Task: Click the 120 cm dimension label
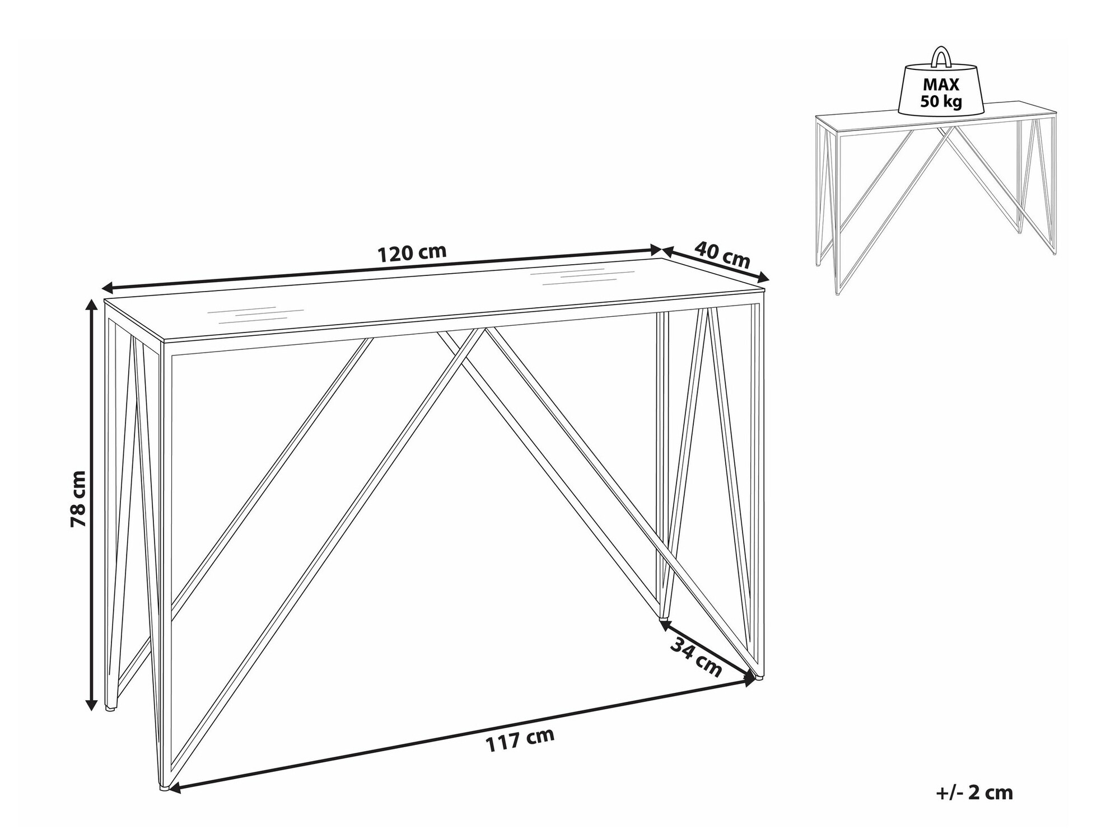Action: (412, 253)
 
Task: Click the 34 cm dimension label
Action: (696, 656)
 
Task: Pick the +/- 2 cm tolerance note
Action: (974, 793)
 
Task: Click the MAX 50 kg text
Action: (941, 93)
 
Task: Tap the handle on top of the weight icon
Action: (941, 58)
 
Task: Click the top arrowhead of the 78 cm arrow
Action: (90, 305)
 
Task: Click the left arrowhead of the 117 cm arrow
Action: (175, 788)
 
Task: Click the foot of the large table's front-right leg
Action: (759, 676)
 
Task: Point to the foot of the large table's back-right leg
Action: (664, 617)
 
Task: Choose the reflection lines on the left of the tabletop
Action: (255, 315)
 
